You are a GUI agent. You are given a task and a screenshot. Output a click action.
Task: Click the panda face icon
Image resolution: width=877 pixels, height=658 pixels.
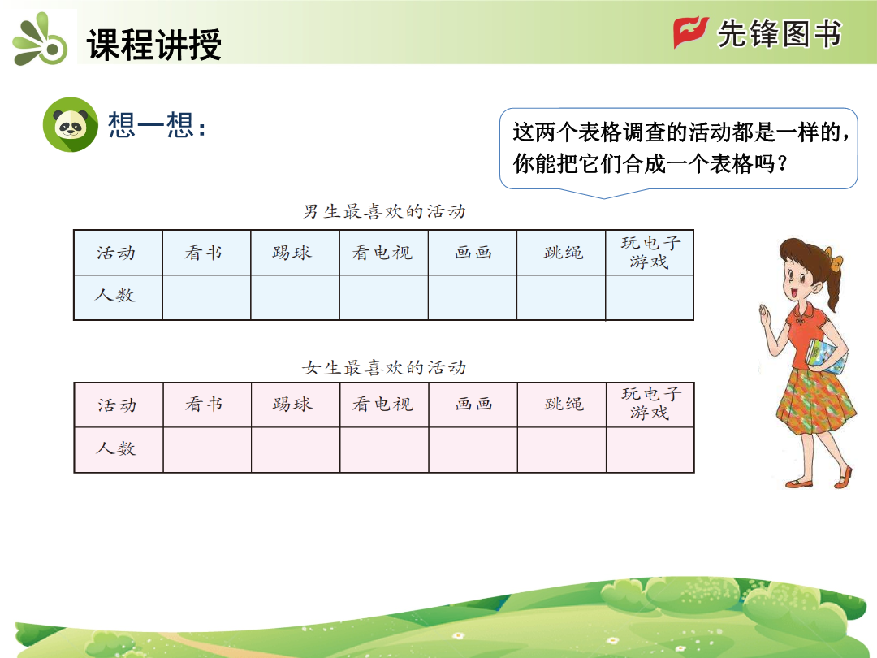(x=71, y=125)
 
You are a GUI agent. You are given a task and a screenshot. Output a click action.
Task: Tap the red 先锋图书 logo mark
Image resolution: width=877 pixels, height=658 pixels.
(x=691, y=32)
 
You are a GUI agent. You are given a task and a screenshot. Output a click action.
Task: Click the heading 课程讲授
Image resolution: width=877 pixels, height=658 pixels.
(x=153, y=44)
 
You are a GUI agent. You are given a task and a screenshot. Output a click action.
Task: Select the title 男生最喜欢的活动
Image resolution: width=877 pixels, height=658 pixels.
(x=384, y=211)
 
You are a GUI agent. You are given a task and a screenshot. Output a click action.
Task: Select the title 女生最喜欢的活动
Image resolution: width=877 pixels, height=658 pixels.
(x=384, y=368)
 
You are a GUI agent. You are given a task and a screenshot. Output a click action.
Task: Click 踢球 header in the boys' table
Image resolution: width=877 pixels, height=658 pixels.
(x=292, y=253)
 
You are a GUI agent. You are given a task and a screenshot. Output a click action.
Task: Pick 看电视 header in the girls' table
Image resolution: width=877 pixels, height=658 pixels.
(x=382, y=404)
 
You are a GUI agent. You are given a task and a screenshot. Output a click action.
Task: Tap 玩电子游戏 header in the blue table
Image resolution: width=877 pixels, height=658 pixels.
(x=650, y=252)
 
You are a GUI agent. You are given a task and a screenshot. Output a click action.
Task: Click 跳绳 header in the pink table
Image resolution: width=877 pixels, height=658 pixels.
(x=564, y=404)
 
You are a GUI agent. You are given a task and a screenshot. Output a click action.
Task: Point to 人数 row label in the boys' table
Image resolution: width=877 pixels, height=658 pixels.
(x=114, y=295)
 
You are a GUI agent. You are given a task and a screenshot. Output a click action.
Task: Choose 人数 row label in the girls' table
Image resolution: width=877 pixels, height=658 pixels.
(x=116, y=448)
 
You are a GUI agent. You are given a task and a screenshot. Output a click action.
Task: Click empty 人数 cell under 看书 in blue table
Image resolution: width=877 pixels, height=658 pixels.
(x=206, y=297)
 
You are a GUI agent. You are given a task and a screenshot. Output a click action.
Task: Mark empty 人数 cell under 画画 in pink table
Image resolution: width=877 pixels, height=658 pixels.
(x=473, y=450)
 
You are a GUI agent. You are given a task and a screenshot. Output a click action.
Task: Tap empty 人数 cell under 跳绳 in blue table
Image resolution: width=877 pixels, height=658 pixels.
(x=561, y=297)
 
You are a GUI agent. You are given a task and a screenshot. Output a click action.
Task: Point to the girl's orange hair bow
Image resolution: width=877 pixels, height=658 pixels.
(x=836, y=259)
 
